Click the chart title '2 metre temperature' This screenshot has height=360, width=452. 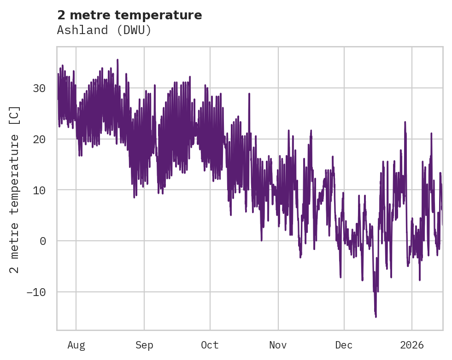pyautogui.click(x=129, y=15)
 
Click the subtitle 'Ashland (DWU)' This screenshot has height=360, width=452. pyautogui.click(x=104, y=30)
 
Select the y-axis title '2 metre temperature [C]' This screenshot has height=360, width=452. pyautogui.click(x=15, y=189)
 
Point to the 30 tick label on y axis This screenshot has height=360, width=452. pyautogui.click(x=40, y=88)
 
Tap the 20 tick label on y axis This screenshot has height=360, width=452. pyautogui.click(x=40, y=139)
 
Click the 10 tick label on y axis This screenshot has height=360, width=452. pyautogui.click(x=40, y=190)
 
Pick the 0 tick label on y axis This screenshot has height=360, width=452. pyautogui.click(x=44, y=241)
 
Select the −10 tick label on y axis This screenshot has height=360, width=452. pyautogui.click(x=37, y=292)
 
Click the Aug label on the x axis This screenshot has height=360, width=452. pyautogui.click(x=76, y=345)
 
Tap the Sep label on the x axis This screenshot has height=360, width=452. pyautogui.click(x=144, y=345)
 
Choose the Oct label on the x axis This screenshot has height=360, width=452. pyautogui.click(x=210, y=345)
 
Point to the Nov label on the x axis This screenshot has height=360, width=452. pyautogui.click(x=278, y=345)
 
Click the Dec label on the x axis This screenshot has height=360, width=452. pyautogui.click(x=344, y=345)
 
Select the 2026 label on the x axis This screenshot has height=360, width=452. pyautogui.click(x=411, y=345)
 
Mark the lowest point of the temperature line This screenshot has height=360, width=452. pyautogui.click(x=376, y=317)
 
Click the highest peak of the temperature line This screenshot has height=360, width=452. pyautogui.click(x=117, y=59)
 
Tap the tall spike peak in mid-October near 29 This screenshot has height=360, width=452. pyautogui.click(x=249, y=93)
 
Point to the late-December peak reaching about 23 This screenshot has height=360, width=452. pyautogui.click(x=405, y=122)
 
